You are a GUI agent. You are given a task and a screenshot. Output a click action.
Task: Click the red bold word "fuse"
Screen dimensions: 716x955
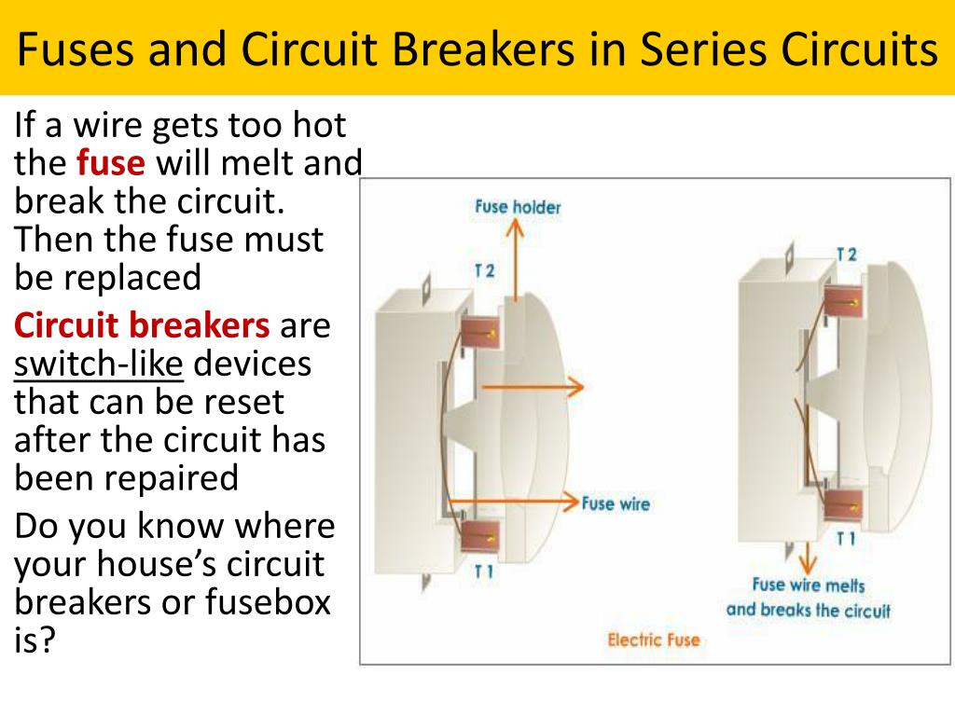(x=111, y=164)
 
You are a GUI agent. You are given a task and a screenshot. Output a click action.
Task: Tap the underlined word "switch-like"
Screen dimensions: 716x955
(x=99, y=364)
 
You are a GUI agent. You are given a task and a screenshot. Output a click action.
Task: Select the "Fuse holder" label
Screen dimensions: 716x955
(x=518, y=207)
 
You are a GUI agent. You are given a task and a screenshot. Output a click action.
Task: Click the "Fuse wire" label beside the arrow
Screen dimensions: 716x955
(x=616, y=503)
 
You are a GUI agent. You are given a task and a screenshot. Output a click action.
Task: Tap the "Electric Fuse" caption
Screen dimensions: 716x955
(x=653, y=640)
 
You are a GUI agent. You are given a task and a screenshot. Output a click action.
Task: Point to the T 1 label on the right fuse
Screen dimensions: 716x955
(x=846, y=539)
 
